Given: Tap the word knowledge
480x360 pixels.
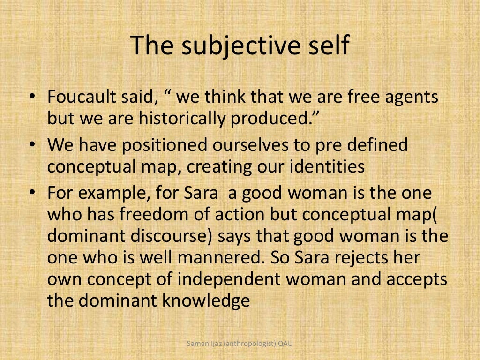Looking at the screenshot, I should click(x=206, y=300).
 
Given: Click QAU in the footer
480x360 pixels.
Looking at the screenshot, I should click(x=285, y=345).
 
